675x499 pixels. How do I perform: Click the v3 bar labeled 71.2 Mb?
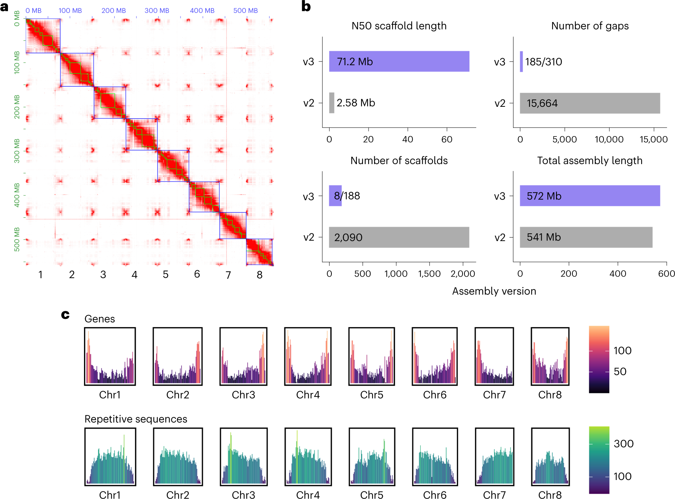(399, 61)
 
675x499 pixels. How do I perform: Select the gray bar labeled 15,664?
(589, 103)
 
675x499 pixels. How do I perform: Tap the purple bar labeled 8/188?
(335, 196)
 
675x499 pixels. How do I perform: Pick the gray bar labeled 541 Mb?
(586, 237)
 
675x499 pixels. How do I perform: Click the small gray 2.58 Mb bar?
(331, 103)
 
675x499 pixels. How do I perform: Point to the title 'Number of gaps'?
(589, 26)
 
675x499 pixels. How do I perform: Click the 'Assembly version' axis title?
(494, 291)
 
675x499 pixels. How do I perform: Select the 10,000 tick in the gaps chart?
(608, 139)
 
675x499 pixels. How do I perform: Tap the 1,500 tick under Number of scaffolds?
(429, 274)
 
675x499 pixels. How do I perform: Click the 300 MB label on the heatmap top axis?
(157, 11)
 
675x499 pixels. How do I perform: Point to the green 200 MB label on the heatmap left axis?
(17, 107)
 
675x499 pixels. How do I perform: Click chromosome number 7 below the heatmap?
(228, 275)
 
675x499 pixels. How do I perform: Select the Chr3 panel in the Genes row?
(243, 356)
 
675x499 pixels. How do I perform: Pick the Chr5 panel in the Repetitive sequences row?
(372, 456)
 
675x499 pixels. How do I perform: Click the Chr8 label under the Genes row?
(550, 395)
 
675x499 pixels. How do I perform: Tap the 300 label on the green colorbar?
(623, 444)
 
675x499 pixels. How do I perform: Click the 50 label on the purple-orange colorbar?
(620, 371)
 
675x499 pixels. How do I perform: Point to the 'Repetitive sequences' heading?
(136, 419)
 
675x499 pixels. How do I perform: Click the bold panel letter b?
(306, 6)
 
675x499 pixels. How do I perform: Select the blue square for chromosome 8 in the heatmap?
(259, 252)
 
